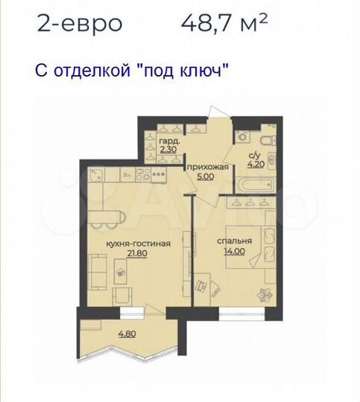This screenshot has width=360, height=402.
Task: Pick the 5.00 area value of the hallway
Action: [x=203, y=178]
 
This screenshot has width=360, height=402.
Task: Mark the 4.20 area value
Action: [x=256, y=165]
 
